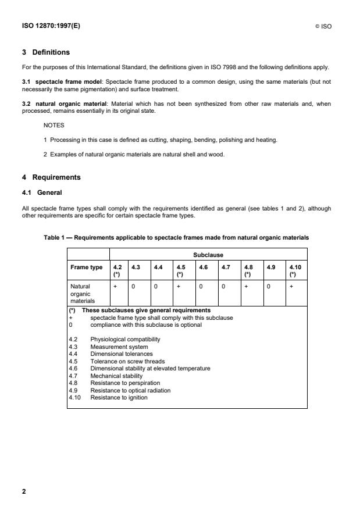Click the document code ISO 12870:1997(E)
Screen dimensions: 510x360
(51, 26)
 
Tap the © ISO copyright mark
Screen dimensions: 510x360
(323, 26)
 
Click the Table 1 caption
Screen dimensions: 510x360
(176, 237)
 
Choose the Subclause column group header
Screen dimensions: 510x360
(208, 254)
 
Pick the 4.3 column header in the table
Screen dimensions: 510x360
(136, 267)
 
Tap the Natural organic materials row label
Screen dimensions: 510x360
(82, 294)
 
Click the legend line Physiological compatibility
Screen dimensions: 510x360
(125, 339)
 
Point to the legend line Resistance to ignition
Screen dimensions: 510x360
(119, 397)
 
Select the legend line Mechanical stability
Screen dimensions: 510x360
(116, 376)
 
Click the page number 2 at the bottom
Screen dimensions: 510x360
(24, 491)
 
